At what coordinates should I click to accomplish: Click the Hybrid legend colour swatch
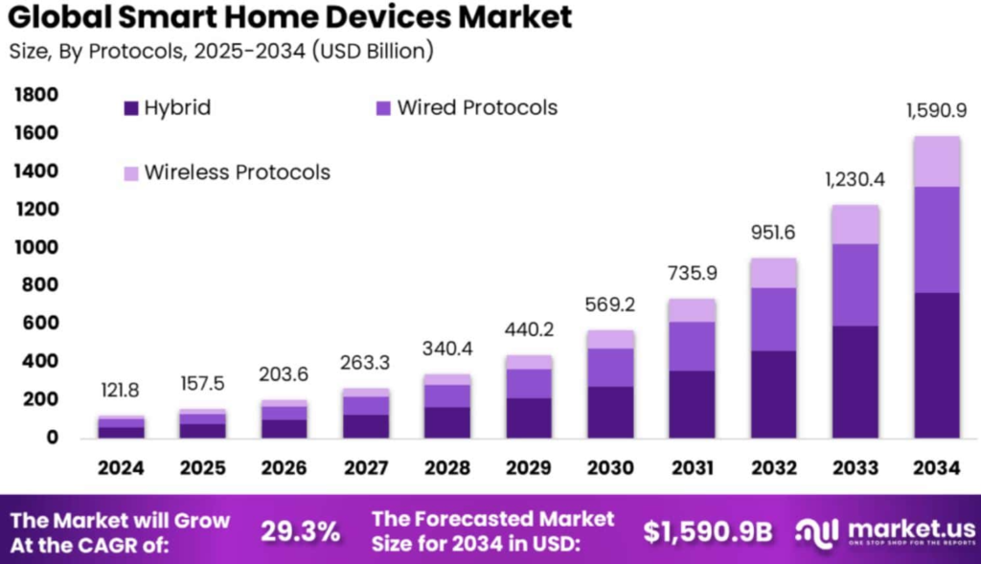pos(131,108)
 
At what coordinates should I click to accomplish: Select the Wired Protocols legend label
pos(477,107)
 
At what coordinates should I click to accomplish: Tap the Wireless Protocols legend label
pos(237,172)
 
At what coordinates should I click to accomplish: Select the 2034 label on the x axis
pos(936,468)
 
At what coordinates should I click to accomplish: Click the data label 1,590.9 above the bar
pos(936,111)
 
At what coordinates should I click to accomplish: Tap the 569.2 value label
pos(610,306)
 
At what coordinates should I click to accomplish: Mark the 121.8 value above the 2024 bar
pos(120,392)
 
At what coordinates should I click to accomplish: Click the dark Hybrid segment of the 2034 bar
pos(936,365)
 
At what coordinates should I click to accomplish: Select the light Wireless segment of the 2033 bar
pos(855,224)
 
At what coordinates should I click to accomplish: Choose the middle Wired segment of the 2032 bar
pos(773,319)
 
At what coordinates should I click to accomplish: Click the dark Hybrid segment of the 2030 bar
pos(610,412)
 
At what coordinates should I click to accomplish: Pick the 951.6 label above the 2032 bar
pos(773,234)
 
